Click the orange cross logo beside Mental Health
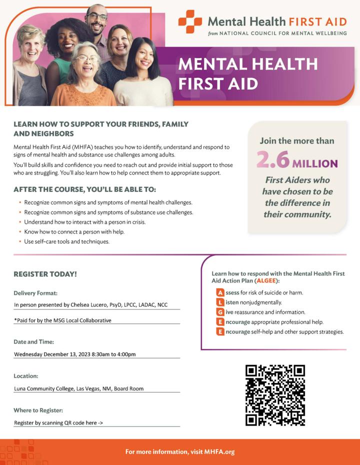(190, 22)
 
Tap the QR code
(275, 395)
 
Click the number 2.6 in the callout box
(272, 161)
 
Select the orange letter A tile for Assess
(220, 292)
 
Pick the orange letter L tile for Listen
(220, 302)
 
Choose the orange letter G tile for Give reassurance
(220, 312)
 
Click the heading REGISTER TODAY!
(45, 274)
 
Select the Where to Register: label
(38, 410)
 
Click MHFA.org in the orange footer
(219, 451)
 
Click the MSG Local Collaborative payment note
(62, 320)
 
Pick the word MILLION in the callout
(315, 163)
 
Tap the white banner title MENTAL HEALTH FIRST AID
(247, 73)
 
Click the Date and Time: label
(33, 342)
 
